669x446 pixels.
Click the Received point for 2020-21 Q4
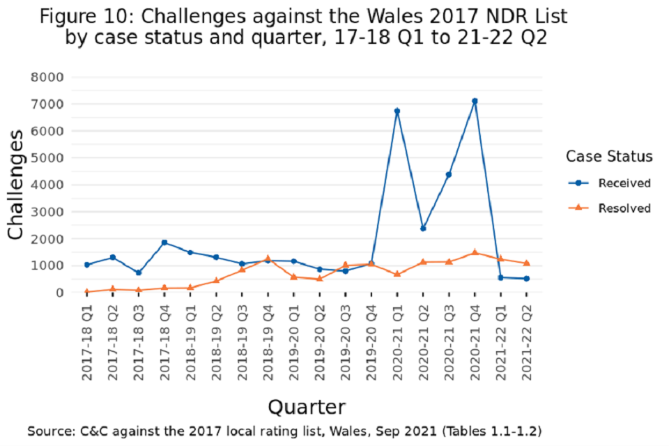pyautogui.click(x=475, y=101)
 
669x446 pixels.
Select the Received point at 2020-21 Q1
pyautogui.click(x=397, y=111)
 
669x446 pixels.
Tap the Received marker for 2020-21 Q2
pyautogui.click(x=423, y=228)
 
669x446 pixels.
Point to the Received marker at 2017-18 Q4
pyautogui.click(x=164, y=243)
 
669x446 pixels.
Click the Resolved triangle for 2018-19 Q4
pyautogui.click(x=268, y=259)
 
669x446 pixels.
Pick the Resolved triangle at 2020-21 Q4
pyautogui.click(x=475, y=252)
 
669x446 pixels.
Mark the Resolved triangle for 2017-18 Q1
pyautogui.click(x=86, y=291)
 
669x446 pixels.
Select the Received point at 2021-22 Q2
pyautogui.click(x=527, y=279)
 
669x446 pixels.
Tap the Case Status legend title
pyautogui.click(x=609, y=156)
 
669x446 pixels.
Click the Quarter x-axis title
pyautogui.click(x=307, y=406)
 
